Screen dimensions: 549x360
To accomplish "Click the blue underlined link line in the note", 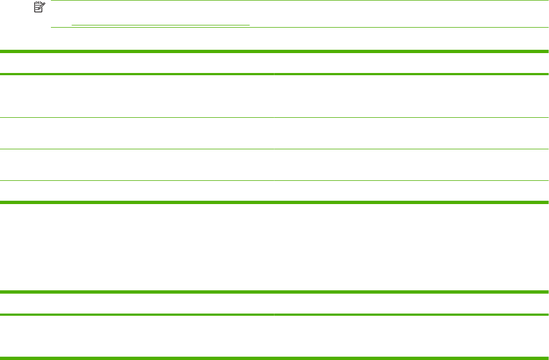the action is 160,25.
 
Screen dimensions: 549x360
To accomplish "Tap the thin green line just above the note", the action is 299,1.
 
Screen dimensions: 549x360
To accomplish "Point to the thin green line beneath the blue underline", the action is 299,28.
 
